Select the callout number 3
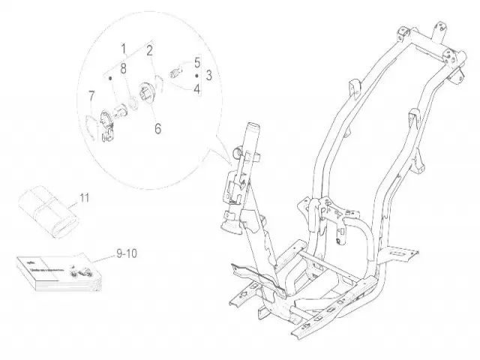coord(208,76)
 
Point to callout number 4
coord(197,90)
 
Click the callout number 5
coord(197,62)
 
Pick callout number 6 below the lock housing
coord(157,129)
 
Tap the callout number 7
coord(91,95)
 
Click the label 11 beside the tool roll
coord(84,198)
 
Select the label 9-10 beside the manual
coord(127,254)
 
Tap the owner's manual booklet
coord(52,274)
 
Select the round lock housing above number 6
coord(145,96)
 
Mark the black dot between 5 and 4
coord(197,76)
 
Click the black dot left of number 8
coord(110,76)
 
